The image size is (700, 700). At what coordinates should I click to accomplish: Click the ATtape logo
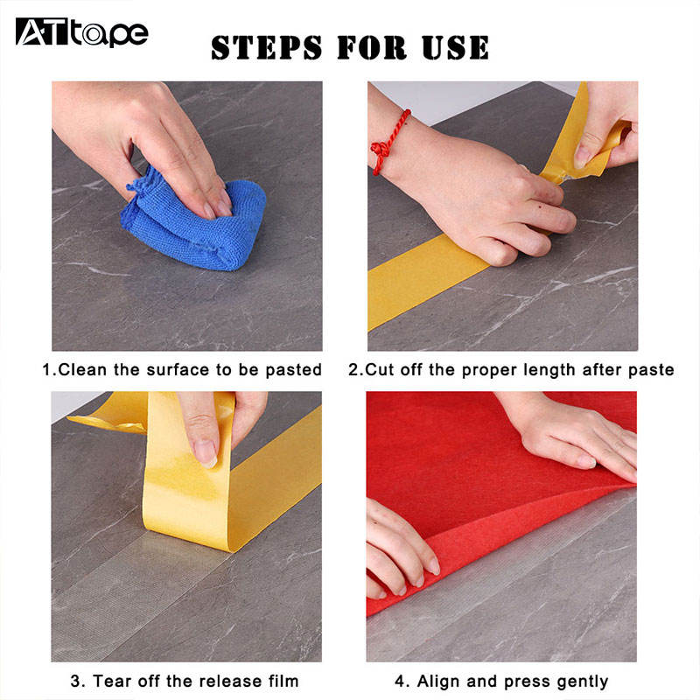[81, 32]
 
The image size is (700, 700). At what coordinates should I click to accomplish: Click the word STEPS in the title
[267, 48]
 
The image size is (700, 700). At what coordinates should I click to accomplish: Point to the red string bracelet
[388, 142]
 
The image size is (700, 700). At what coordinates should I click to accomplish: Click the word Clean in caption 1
[82, 369]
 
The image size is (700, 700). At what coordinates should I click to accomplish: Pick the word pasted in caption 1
[293, 370]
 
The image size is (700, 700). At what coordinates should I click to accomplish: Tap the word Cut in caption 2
[380, 370]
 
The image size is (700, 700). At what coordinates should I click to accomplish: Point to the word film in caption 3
[283, 682]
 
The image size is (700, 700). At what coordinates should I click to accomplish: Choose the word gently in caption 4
[583, 682]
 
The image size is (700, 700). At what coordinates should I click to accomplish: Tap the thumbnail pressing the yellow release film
[206, 453]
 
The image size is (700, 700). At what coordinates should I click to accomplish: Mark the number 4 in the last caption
[400, 682]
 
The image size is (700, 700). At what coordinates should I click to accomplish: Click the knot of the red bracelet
[380, 150]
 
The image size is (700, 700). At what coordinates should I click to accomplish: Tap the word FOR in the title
[372, 48]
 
